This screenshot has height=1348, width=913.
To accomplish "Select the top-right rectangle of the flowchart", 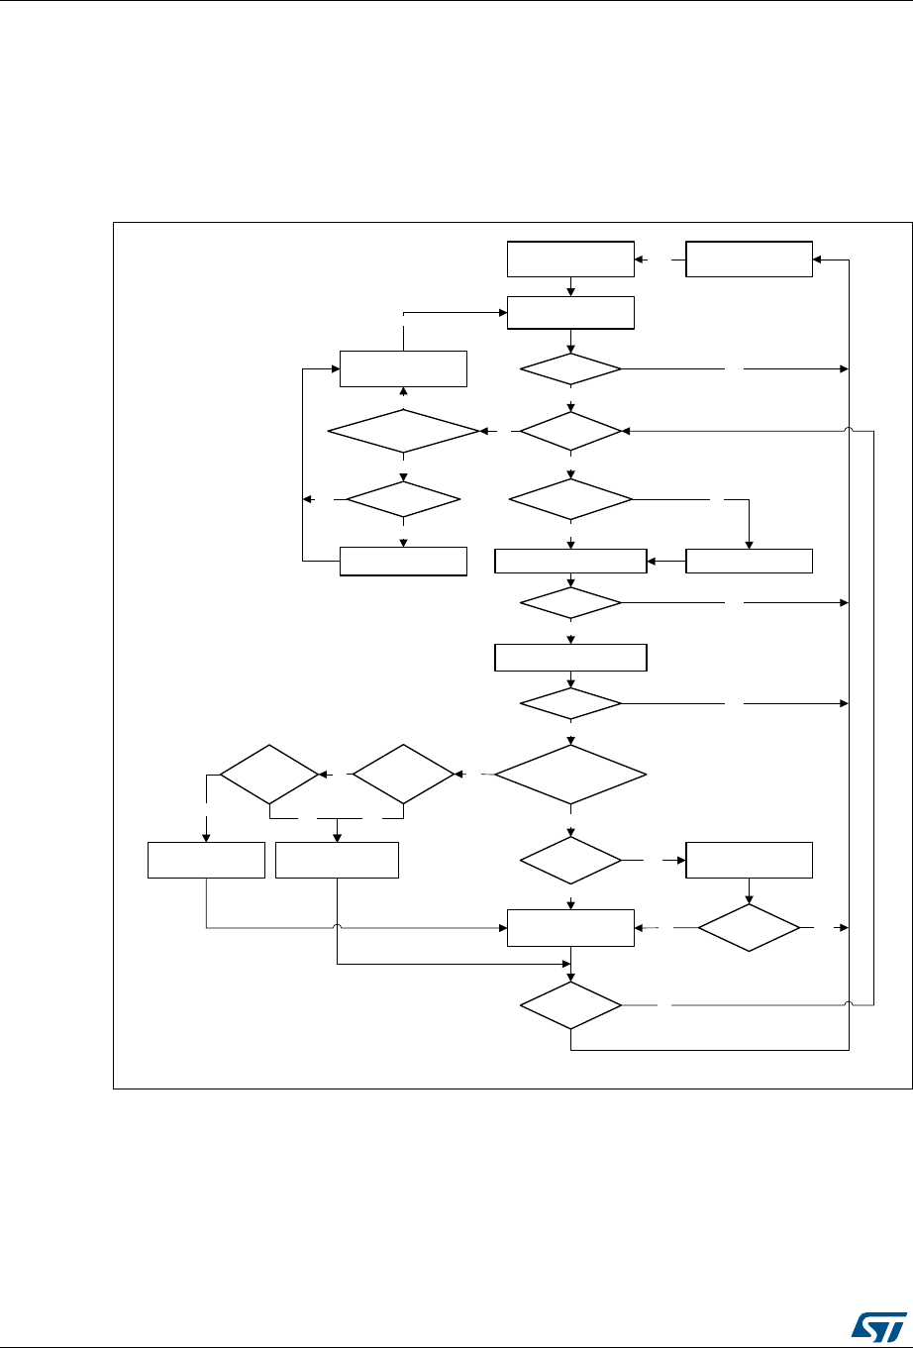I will (749, 259).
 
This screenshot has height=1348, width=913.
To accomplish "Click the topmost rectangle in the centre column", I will (570, 259).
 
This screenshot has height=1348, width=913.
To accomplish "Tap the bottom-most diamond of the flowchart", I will (571, 1006).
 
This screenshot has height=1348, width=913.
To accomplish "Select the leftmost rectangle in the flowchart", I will (206, 860).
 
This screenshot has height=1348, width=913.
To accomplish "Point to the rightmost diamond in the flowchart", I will (749, 928).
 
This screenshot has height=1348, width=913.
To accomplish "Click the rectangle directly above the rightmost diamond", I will (749, 860).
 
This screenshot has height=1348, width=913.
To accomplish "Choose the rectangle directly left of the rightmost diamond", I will (570, 928).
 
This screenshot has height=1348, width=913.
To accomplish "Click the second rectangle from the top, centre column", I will (570, 312).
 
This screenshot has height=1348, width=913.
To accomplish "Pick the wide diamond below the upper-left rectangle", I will (403, 432).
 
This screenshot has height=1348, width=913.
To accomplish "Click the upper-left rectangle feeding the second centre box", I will (403, 368).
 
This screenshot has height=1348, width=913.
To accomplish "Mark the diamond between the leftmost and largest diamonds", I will (403, 773).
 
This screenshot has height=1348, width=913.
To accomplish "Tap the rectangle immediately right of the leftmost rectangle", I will (337, 860).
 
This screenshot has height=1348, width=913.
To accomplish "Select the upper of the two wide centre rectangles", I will (570, 561).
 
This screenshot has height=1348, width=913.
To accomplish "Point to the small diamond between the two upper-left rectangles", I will (403, 500).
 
